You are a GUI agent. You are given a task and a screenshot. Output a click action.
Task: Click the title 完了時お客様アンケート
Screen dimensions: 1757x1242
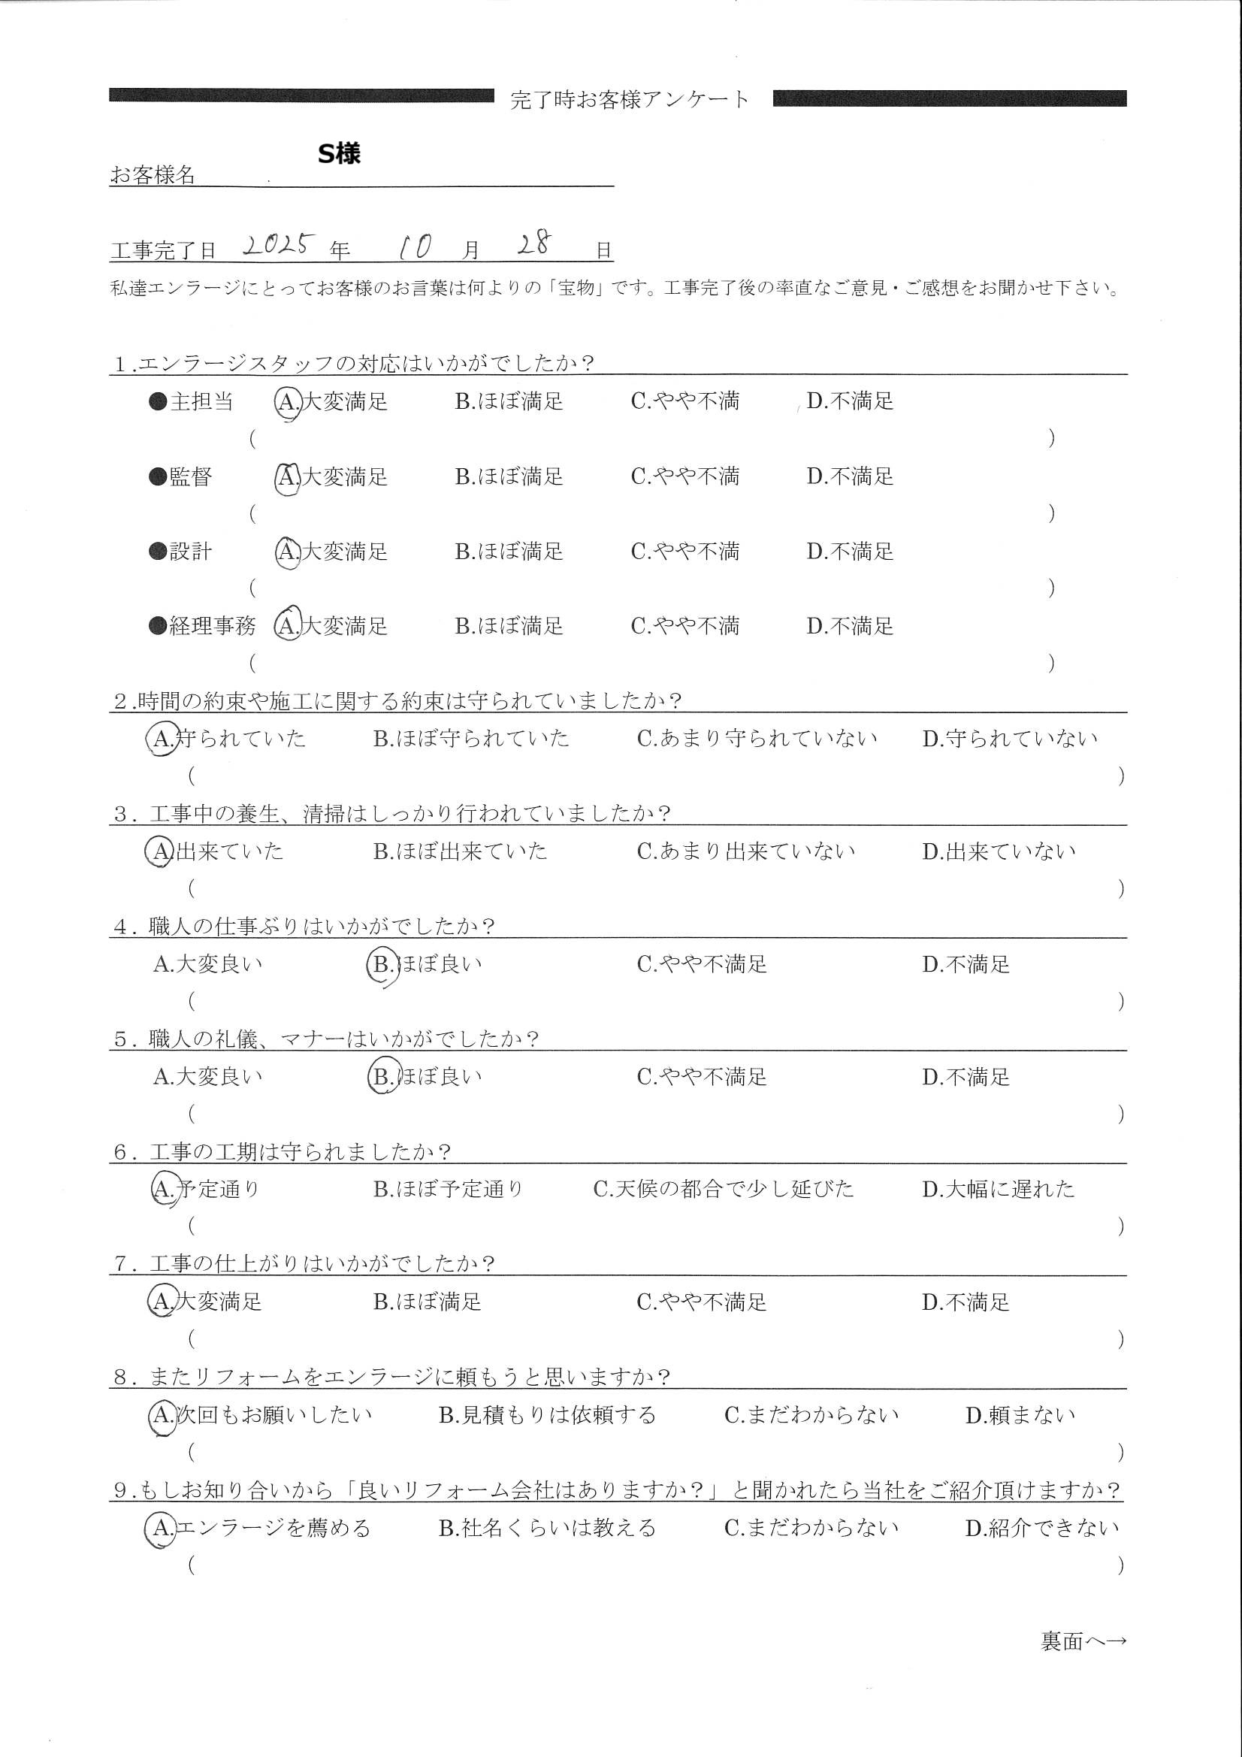629,99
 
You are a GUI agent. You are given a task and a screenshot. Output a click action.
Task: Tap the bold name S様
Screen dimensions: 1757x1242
339,154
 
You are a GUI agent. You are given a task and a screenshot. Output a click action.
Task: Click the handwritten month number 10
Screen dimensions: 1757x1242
414,246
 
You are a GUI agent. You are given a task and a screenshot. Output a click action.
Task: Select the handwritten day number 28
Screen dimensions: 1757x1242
533,244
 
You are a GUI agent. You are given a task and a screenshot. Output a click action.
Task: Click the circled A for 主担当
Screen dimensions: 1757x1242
288,402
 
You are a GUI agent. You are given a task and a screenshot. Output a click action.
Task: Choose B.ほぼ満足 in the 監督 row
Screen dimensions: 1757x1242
509,476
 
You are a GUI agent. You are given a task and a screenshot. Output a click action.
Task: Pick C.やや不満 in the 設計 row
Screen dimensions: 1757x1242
685,552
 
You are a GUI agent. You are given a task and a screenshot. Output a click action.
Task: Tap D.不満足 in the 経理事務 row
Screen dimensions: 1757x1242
850,627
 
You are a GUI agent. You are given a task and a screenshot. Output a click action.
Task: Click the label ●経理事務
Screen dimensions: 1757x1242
202,627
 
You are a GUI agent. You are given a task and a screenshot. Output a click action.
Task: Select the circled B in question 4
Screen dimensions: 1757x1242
381,965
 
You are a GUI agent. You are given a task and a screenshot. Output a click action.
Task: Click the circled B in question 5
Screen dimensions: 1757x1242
381,1078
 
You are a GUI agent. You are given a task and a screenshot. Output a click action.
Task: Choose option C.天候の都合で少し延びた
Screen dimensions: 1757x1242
723,1189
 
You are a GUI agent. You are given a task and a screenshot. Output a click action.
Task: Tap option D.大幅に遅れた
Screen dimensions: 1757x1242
998,1189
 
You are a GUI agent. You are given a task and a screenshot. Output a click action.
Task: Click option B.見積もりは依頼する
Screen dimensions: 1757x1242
547,1415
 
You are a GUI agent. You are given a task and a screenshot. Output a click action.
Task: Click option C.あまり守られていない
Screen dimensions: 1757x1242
757,739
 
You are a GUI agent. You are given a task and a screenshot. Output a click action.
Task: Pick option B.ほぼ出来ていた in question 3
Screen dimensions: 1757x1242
460,851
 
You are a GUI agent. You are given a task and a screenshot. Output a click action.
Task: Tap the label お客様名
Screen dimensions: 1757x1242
153,175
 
